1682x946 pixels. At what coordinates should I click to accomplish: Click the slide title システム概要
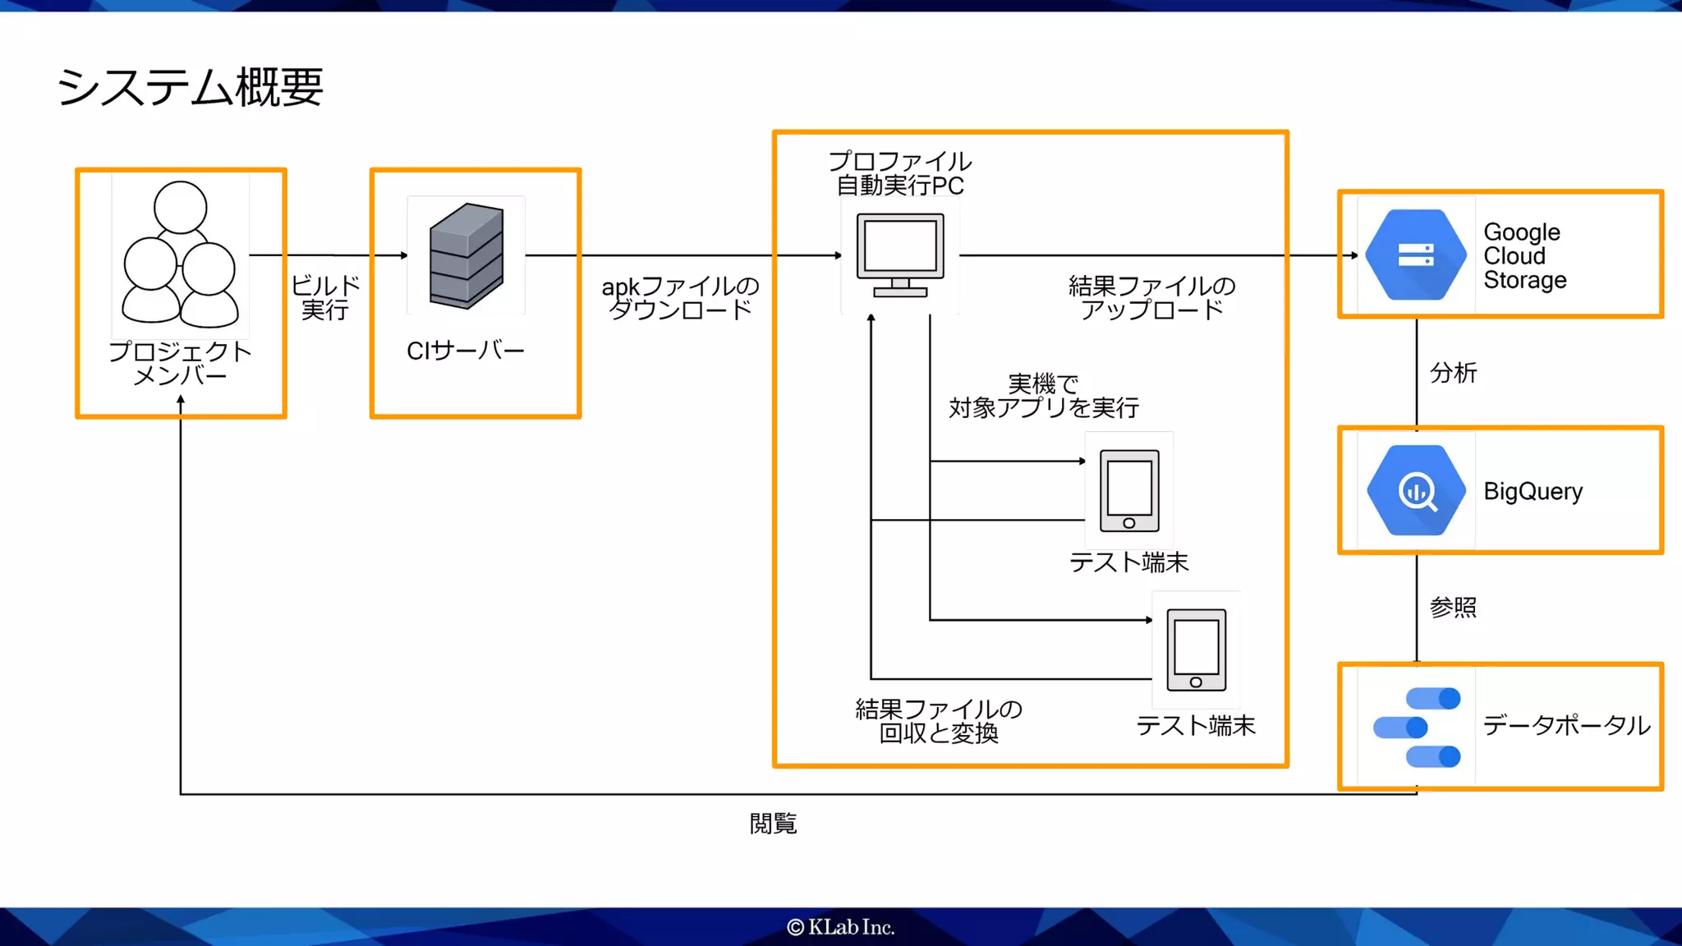coord(191,87)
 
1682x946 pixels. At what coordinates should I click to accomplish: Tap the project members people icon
coord(181,254)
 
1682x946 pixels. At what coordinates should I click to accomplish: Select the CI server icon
coord(466,255)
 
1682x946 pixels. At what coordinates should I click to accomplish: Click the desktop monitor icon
coord(900,255)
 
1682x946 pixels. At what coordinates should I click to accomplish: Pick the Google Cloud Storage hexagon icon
coord(1416,255)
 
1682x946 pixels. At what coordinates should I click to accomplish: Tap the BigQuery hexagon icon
coord(1416,490)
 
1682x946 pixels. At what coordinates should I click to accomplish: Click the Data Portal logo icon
coord(1418,727)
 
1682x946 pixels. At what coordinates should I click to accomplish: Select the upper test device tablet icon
coord(1129,490)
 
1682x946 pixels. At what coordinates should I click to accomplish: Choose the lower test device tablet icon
coord(1197,650)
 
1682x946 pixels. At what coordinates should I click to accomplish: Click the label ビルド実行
coord(325,297)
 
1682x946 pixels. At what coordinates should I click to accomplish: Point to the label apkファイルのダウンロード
coord(680,297)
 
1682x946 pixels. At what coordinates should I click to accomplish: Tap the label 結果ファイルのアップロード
coord(1151,297)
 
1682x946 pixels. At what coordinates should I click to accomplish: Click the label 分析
coord(1453,373)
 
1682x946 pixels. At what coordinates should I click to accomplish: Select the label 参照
coord(1453,608)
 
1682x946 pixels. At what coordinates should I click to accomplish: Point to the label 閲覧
coord(773,824)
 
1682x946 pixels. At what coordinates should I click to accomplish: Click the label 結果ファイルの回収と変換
coord(939,721)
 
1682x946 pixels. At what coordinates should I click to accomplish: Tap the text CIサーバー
coord(466,351)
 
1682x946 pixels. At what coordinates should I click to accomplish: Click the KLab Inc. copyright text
coord(841,927)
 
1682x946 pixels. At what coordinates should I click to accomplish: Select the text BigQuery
coord(1533,491)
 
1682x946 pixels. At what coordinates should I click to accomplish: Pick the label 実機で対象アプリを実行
coord(1044,396)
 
